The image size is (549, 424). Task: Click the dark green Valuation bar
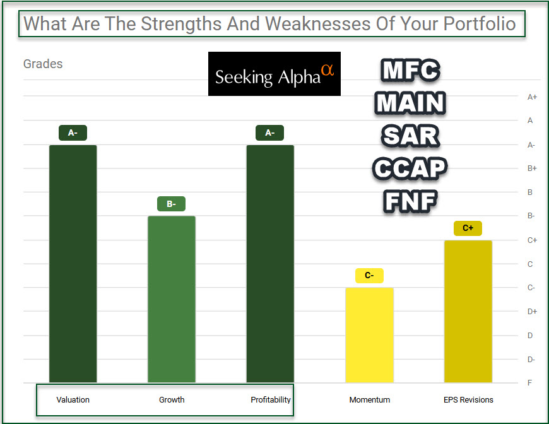point(73,264)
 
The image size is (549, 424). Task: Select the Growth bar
point(172,299)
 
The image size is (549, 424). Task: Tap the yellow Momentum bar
point(369,335)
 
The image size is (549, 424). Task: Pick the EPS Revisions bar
point(468,311)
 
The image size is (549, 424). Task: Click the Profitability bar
point(270,264)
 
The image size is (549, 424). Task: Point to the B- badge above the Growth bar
point(171,204)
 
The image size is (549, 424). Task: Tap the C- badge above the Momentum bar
point(369,276)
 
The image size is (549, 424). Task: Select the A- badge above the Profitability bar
point(270,133)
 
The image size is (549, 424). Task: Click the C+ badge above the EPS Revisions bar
point(468,228)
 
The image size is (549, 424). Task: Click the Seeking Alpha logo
point(274,74)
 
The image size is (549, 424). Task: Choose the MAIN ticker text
point(410,103)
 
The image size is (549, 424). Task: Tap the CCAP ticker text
point(410,168)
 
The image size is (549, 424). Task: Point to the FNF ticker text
point(410,201)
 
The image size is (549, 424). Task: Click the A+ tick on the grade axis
point(532,97)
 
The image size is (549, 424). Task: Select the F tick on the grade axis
point(531,383)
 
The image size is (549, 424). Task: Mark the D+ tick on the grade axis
point(532,311)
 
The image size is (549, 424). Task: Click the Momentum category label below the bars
point(370,399)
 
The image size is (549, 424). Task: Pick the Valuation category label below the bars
point(73,399)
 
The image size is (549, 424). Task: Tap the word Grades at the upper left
point(43,64)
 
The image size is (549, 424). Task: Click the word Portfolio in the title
point(480,24)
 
